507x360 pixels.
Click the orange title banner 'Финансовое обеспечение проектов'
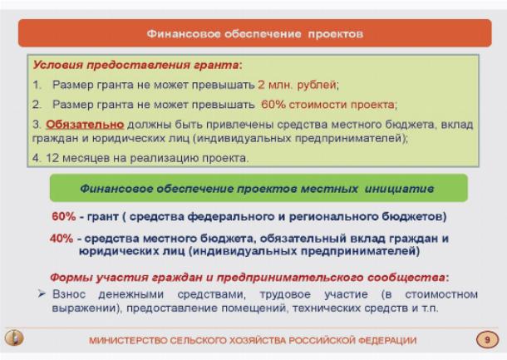click(x=255, y=33)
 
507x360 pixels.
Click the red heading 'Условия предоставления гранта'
click(x=136, y=65)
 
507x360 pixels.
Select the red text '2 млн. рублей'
click(x=297, y=85)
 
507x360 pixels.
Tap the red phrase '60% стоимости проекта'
click(x=327, y=105)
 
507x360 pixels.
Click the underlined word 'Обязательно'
click(x=85, y=125)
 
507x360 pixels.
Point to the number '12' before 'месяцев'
click(x=52, y=158)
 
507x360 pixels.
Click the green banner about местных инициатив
click(x=258, y=188)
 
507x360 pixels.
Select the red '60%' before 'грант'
click(x=64, y=216)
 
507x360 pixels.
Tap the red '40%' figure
click(x=62, y=239)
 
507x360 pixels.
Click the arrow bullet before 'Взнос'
click(x=42, y=293)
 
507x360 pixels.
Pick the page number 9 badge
click(x=487, y=339)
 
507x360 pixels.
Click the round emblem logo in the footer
click(x=14, y=338)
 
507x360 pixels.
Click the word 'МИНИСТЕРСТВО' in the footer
click(x=128, y=341)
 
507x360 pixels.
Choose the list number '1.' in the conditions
click(x=37, y=85)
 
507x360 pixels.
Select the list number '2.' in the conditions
click(x=37, y=105)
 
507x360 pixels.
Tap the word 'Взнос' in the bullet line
click(x=69, y=294)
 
